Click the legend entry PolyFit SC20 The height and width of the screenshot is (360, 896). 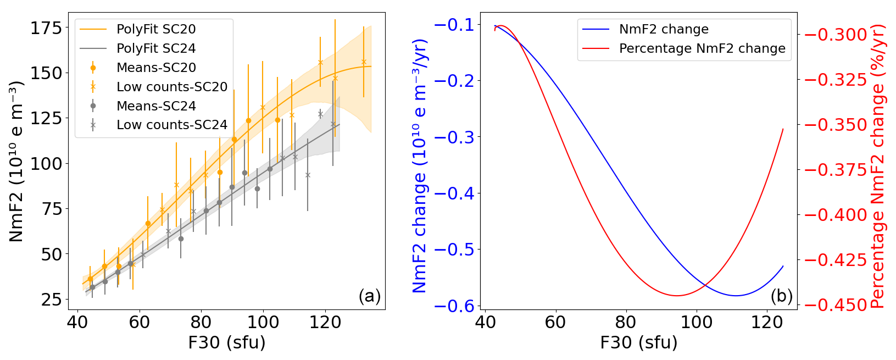156,29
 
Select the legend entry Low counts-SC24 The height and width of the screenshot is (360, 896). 171,125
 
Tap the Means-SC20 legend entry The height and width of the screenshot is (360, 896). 156,68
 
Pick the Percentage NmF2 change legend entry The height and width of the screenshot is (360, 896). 702,48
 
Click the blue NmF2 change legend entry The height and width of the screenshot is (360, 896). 663,29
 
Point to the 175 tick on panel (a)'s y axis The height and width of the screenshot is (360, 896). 47,28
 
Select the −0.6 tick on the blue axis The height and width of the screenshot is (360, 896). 455,306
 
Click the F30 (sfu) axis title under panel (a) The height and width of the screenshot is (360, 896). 226,343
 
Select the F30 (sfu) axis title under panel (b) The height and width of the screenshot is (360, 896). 638,343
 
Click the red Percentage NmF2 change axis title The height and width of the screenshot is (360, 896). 878,166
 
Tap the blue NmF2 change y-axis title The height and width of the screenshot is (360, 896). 420,166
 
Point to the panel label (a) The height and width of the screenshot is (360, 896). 369,296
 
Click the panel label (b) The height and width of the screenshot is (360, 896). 781,296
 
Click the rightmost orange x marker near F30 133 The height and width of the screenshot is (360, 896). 364,62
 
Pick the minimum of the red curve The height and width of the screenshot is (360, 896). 677,296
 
